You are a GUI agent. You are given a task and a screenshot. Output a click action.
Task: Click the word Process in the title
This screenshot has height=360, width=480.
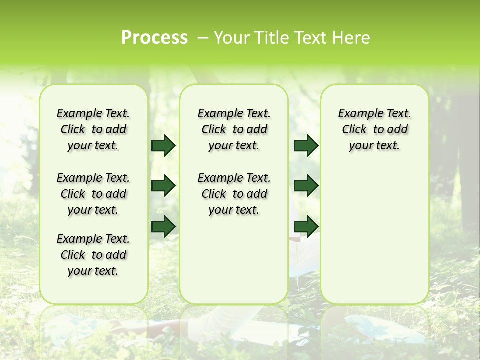point(154,37)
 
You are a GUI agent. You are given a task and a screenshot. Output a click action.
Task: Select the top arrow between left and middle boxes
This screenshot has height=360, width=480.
point(163,145)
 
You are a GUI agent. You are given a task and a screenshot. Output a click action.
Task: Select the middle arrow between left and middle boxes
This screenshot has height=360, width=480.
point(163,186)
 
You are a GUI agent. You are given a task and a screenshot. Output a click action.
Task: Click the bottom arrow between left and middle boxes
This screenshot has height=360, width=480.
point(163,226)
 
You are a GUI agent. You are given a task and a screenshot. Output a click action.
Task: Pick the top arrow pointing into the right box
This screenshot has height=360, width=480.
point(306,145)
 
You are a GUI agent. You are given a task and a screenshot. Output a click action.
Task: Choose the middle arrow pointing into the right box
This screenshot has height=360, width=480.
point(306,186)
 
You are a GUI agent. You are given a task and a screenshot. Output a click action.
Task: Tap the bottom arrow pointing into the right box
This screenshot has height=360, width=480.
point(306,226)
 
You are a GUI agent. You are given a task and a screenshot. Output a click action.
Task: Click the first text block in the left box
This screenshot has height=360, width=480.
point(93,129)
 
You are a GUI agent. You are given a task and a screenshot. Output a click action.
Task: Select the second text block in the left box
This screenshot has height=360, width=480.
point(93,194)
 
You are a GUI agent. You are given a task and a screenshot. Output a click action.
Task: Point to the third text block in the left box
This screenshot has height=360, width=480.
point(93,255)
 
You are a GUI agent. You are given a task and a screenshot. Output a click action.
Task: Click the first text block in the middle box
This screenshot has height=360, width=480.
point(234,129)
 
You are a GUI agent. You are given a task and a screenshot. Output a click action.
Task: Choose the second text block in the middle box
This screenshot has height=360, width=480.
point(234,194)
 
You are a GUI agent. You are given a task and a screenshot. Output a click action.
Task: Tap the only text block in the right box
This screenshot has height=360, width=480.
point(375,129)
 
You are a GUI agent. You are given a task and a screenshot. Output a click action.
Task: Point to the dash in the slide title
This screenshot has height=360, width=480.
point(203,37)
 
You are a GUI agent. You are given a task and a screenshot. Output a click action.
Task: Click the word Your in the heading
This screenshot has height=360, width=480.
point(231,37)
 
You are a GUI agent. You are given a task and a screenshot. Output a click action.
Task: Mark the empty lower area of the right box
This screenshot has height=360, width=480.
point(375,235)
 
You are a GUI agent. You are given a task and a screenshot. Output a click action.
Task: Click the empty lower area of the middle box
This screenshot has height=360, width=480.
point(234,260)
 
